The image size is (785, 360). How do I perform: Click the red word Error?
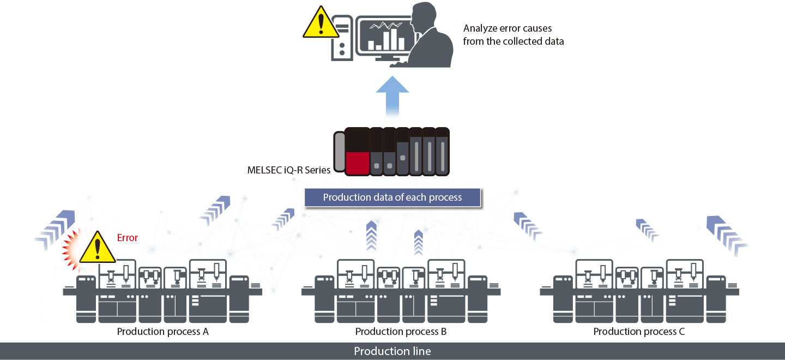point(128,238)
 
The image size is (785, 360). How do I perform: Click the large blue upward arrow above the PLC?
point(392,95)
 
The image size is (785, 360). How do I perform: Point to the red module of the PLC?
point(357,163)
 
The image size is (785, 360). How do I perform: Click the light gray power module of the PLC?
point(339,152)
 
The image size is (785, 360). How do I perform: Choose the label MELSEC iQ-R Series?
point(289,170)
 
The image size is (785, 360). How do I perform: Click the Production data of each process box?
point(392,197)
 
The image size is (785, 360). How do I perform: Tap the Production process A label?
point(162,332)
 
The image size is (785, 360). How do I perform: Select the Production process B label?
point(401,332)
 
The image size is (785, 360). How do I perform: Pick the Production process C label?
point(639,332)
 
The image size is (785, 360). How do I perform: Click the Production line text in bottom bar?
point(392,351)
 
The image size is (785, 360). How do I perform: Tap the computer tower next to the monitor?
point(342,39)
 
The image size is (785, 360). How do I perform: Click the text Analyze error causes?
point(508,28)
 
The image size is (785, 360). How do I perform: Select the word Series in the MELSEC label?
point(318,170)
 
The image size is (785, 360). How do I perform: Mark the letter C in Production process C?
point(681,332)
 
